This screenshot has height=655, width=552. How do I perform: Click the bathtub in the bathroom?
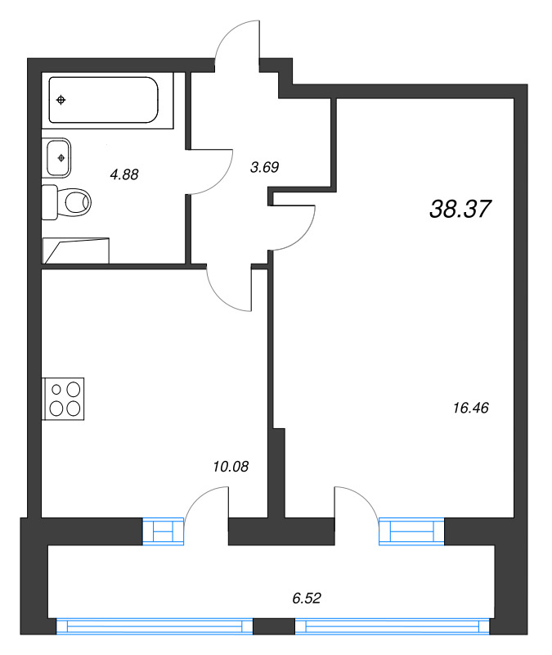pos(104,100)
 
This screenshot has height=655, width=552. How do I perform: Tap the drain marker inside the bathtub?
pos(61,100)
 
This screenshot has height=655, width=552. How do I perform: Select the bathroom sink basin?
pos(57,158)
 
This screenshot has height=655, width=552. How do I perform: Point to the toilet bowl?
pos(75,202)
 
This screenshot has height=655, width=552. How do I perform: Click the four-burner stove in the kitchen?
pos(64,399)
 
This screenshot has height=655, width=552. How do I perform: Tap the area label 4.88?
pos(124,174)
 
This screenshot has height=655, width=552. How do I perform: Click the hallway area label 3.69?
pos(264,167)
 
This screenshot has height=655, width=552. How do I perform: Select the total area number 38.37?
pos(460,209)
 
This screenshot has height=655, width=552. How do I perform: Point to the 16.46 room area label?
pos(471,408)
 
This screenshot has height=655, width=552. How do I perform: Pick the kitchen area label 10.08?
pos(231,466)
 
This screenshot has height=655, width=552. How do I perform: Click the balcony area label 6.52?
pos(307,599)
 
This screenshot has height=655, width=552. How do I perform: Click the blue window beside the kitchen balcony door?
pos(163,531)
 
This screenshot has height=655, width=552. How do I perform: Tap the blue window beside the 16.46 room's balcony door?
pos(411,531)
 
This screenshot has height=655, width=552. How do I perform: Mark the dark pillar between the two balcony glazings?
pos(274,626)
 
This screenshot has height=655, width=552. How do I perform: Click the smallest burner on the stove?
pos(56,390)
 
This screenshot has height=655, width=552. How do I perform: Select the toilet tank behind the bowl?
pos(50,202)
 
